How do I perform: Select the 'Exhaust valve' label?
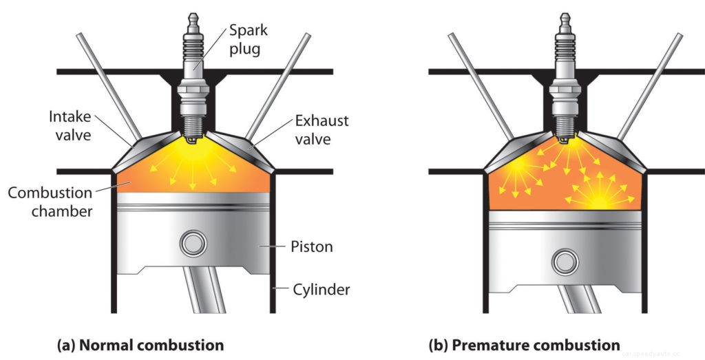(322, 130)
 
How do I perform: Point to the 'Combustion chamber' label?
(50, 201)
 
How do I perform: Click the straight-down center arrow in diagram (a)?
(193, 172)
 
